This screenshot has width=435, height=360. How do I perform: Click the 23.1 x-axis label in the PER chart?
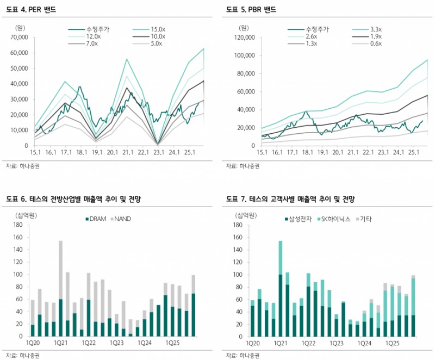click(158, 153)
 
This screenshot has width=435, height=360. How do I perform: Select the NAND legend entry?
click(123, 219)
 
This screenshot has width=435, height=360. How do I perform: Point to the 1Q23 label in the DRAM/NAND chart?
click(117, 344)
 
